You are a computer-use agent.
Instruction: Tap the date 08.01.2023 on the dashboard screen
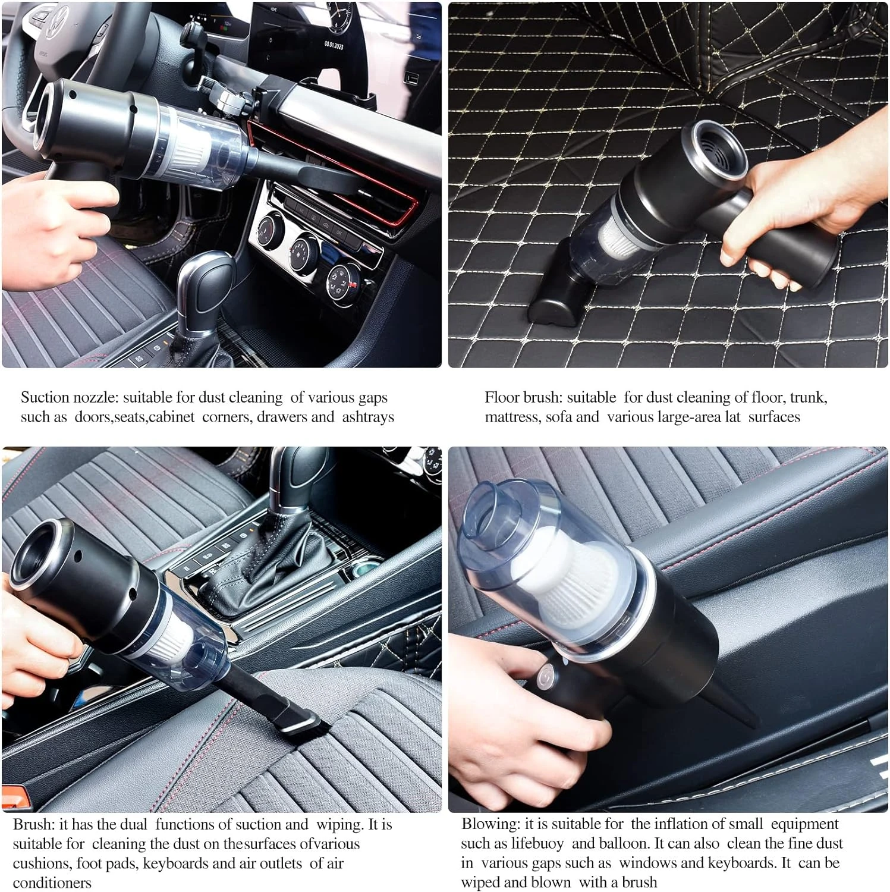pos(333,45)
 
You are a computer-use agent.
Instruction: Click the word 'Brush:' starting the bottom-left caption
pos(34,824)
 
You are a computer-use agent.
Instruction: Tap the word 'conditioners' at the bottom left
pos(52,882)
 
